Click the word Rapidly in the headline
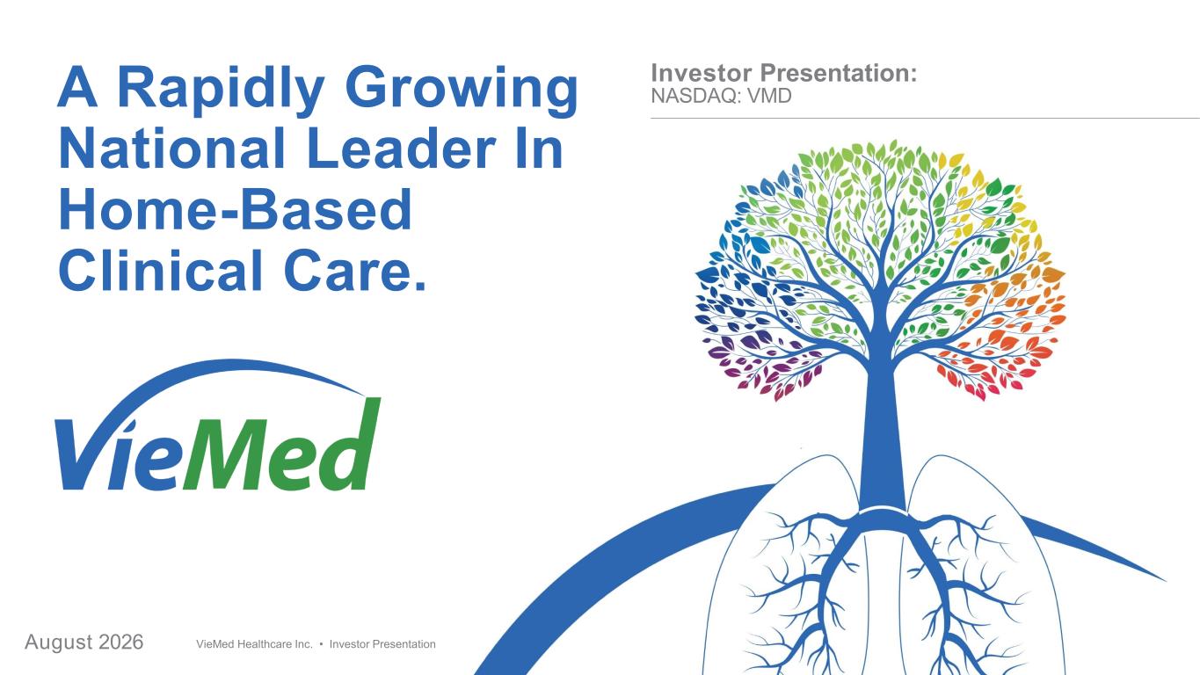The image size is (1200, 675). point(220,90)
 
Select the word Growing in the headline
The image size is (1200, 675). point(462,90)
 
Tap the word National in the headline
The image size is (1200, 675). point(171,148)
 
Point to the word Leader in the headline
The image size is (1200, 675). point(401,148)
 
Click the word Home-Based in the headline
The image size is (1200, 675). point(236,209)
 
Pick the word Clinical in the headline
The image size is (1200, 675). point(160,270)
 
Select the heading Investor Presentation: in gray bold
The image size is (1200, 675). point(784,73)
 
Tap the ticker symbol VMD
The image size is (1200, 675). point(769,97)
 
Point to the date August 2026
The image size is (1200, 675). point(84,642)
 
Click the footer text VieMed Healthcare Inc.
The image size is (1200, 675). point(254,644)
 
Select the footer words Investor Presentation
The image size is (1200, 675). point(382,644)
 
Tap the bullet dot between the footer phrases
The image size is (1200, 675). point(321,644)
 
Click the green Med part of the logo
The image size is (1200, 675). point(282,444)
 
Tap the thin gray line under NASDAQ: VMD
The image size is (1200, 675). point(925,118)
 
